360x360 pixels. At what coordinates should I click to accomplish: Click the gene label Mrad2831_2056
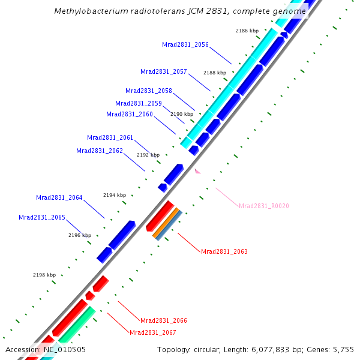[x=185, y=44]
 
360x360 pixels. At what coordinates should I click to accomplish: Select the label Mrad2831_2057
[x=164, y=71]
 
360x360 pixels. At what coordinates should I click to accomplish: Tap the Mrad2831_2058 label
[x=149, y=91]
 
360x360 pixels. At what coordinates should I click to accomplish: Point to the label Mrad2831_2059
[x=139, y=103]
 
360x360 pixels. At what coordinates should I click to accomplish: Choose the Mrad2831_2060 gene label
[x=130, y=114]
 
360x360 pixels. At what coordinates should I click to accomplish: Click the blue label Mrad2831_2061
[x=110, y=137]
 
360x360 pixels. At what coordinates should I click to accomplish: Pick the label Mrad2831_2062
[x=100, y=151]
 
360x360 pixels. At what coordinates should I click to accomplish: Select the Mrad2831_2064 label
[x=59, y=197]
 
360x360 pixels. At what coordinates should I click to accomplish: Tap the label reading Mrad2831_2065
[x=42, y=217]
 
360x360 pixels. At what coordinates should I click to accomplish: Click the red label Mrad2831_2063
[x=224, y=251]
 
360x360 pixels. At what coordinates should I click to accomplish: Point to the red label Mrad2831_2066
[x=164, y=320]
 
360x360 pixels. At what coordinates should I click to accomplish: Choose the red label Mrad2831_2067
[x=153, y=332]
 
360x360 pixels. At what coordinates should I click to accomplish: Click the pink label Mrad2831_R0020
[x=264, y=206]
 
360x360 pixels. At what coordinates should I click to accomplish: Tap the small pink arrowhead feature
[x=197, y=171]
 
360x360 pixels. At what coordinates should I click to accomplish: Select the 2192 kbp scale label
[x=148, y=155]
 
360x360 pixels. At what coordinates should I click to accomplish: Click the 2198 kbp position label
[x=44, y=275]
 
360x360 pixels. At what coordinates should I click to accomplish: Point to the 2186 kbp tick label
[x=247, y=31]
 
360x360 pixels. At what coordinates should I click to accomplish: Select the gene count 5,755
[x=343, y=349]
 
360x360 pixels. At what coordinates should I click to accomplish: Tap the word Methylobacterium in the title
[x=89, y=11]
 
